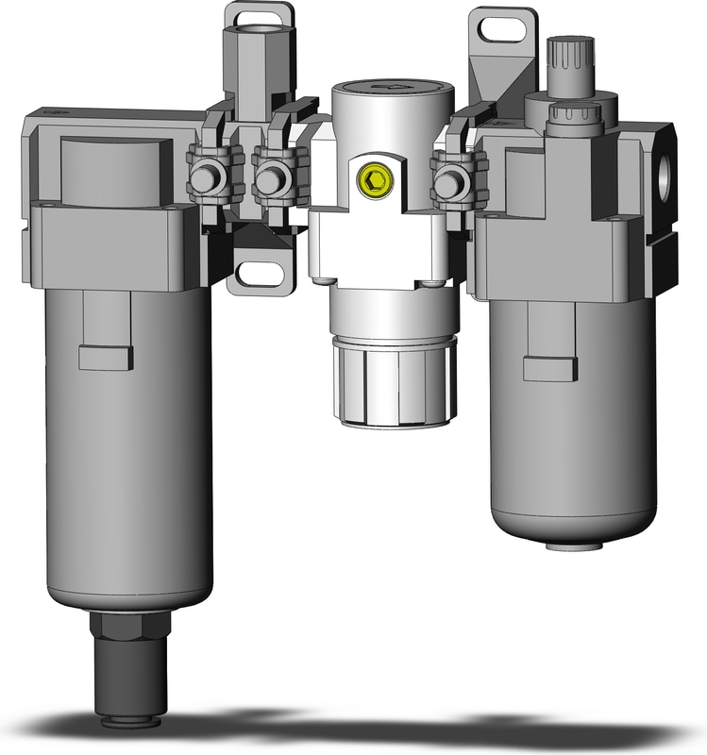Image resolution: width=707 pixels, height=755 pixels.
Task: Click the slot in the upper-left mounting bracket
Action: (256, 18)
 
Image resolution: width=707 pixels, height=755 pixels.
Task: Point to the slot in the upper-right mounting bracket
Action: (505, 29)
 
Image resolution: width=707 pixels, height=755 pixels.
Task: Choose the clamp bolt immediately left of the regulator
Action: (273, 178)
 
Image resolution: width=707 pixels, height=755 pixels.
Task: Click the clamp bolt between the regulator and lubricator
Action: (450, 178)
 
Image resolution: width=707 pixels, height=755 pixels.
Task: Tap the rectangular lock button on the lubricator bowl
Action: (549, 369)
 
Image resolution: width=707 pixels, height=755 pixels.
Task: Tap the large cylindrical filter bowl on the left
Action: (127, 453)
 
